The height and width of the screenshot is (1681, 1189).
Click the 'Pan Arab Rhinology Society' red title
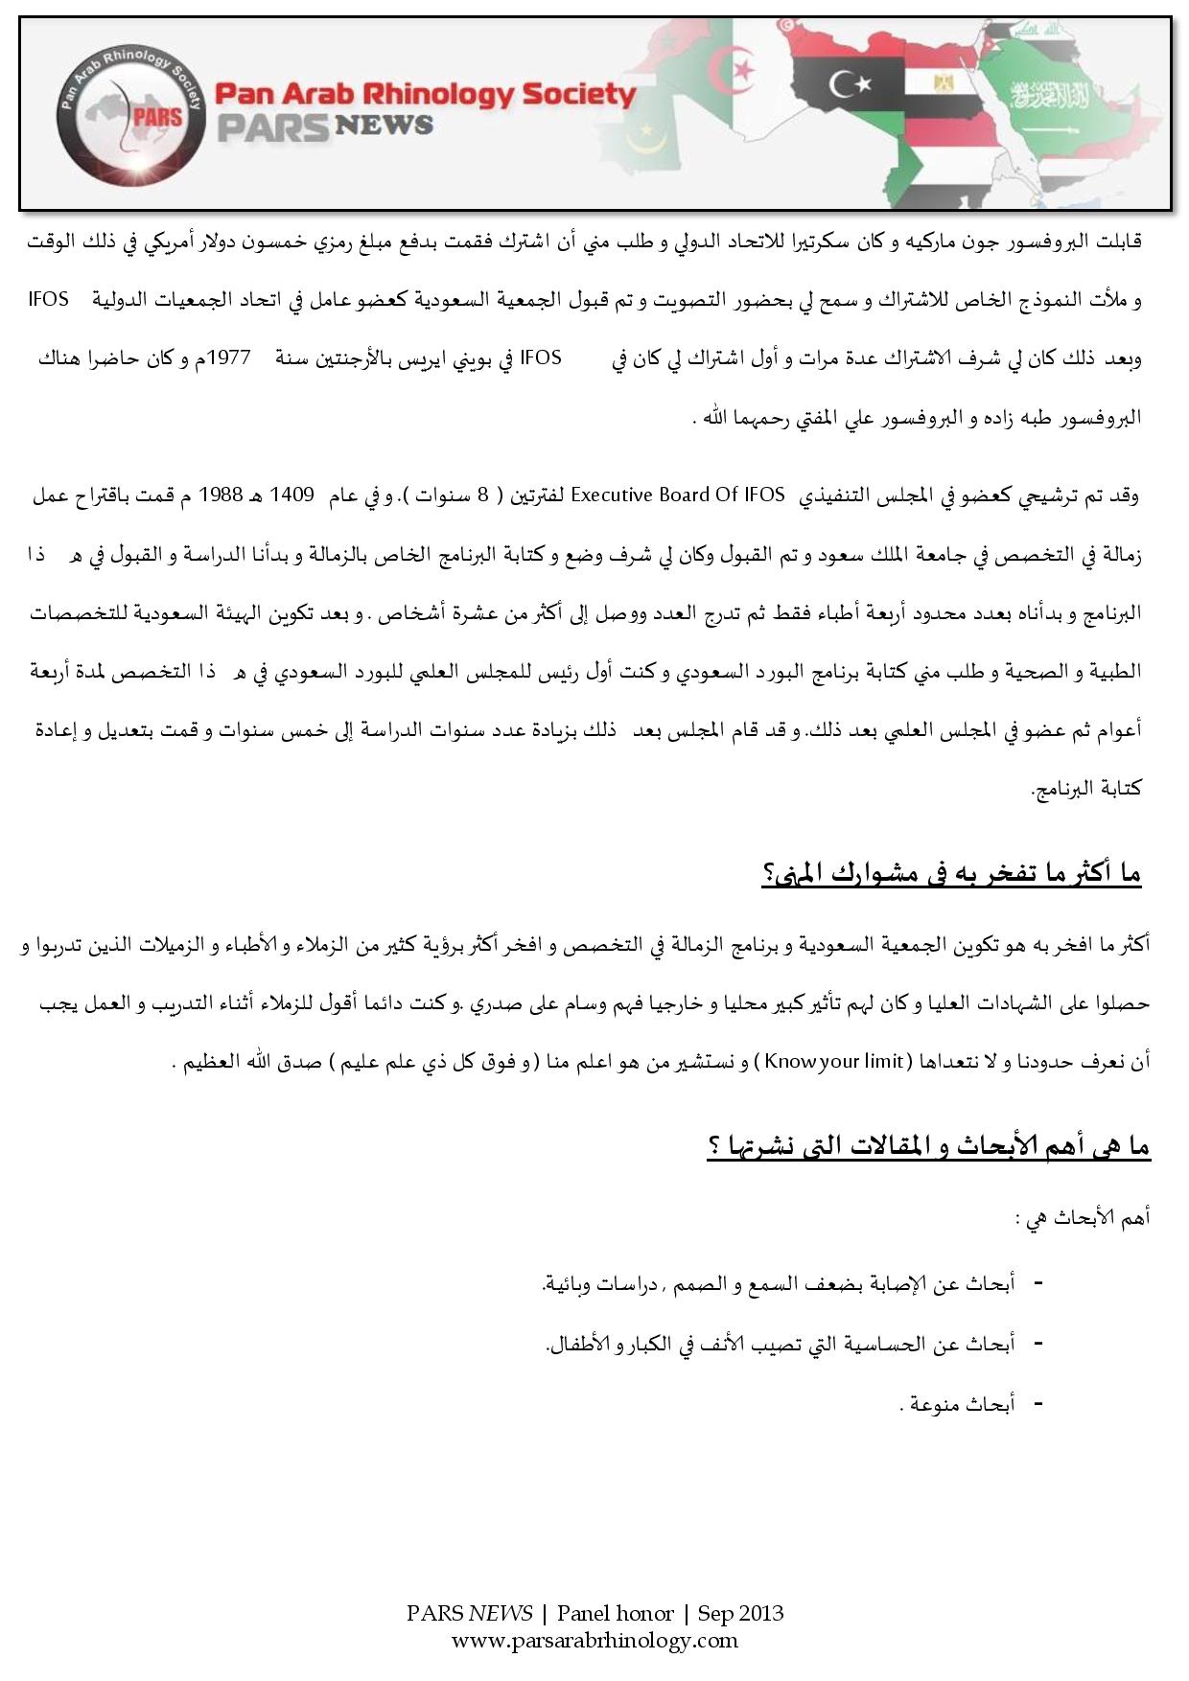click(425, 94)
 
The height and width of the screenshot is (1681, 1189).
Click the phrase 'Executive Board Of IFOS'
click(678, 495)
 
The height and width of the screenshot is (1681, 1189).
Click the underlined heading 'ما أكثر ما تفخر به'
click(951, 873)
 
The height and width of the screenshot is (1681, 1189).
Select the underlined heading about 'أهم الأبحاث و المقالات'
click(928, 1146)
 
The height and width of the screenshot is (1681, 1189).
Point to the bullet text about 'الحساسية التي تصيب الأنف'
click(780, 1344)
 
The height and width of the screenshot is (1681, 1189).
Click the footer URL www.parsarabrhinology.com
click(594, 1640)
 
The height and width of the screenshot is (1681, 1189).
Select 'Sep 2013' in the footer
click(740, 1613)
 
